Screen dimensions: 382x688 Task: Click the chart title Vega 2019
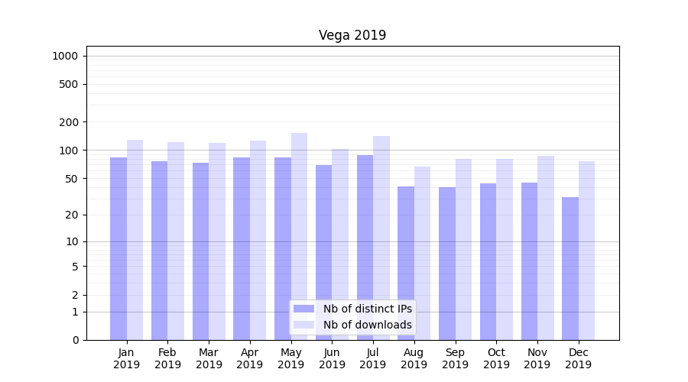[x=352, y=36]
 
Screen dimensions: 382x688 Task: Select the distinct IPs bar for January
[x=118, y=248]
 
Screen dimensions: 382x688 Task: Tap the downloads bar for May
[x=299, y=237]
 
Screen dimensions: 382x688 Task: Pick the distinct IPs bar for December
[x=570, y=268]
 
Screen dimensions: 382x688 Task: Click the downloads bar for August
[x=422, y=253]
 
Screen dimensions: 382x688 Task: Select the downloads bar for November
[x=545, y=248]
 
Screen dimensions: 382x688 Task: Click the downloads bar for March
[x=217, y=241]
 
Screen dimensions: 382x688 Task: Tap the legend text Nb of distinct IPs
[x=367, y=309]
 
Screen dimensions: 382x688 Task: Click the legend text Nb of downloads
[x=367, y=325]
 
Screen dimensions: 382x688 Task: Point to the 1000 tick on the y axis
[x=65, y=56]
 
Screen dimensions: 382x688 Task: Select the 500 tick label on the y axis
[x=68, y=84]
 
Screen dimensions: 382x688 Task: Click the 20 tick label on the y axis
[x=71, y=215]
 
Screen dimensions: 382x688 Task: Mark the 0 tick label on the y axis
[x=75, y=340]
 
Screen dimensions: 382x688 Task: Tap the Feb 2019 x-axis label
[x=167, y=358]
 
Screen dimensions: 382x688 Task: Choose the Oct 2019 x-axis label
[x=496, y=358]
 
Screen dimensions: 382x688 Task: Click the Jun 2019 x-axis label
[x=332, y=358]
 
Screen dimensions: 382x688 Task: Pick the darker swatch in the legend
[x=303, y=309]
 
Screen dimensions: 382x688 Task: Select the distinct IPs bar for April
[x=242, y=248]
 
